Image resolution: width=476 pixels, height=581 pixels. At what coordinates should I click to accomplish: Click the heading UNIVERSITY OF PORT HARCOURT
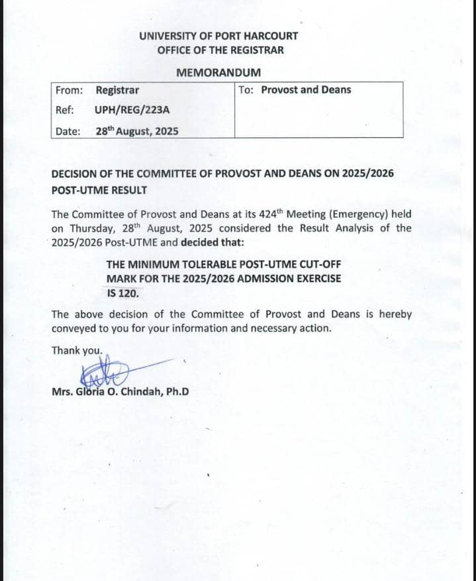tap(218, 36)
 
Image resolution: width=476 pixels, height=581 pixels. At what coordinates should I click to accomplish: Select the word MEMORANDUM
tap(218, 72)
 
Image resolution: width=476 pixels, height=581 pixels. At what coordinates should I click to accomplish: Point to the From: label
tap(68, 90)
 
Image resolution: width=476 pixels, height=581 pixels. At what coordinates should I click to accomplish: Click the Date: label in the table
tap(68, 131)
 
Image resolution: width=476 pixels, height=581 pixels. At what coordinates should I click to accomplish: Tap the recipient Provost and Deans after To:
tap(307, 90)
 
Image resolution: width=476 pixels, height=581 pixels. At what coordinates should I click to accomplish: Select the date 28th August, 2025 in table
tap(137, 131)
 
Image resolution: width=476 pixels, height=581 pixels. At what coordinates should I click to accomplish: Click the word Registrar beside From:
tap(117, 90)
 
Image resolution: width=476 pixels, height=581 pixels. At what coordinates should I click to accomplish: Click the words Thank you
tap(77, 350)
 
